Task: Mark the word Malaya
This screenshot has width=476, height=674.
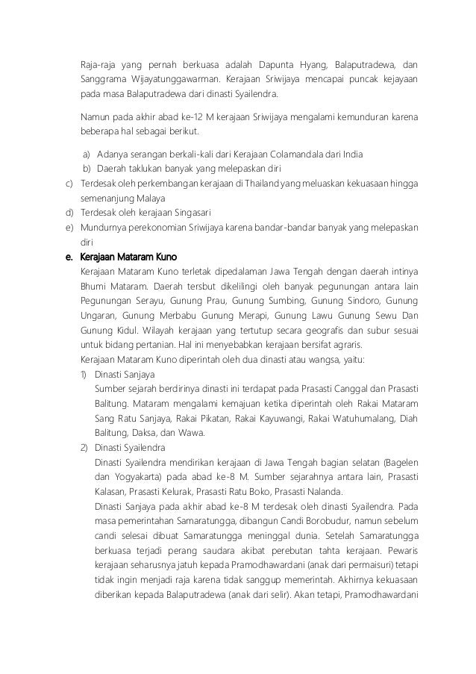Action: click(151, 198)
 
